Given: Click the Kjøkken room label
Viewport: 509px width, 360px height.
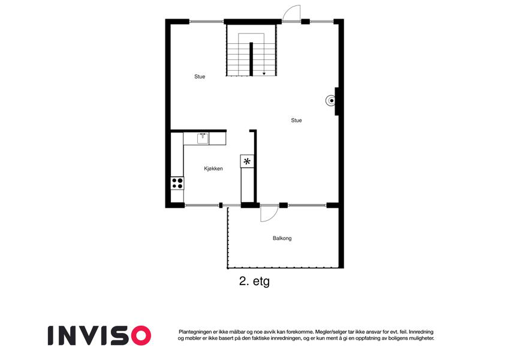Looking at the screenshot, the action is point(213,169).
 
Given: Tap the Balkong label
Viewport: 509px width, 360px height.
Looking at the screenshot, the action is point(282,238).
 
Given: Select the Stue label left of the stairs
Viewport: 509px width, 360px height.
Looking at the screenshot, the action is point(200,77).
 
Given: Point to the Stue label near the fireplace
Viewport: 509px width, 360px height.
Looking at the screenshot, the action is point(296,120).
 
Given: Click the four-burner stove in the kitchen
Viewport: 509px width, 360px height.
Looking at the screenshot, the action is point(177,183).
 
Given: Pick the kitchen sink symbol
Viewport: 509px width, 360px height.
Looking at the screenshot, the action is point(203,139).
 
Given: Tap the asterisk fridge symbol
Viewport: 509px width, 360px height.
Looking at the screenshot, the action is point(247,161).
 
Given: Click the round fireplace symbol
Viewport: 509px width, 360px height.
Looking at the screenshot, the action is point(330,101).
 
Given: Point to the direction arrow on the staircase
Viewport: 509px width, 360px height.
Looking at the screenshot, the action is point(264,74).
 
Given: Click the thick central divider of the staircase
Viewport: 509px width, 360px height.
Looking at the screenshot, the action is point(251,59).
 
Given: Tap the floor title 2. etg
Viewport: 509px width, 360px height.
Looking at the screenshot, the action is point(254,281).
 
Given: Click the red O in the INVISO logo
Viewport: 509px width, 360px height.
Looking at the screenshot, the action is point(141,335).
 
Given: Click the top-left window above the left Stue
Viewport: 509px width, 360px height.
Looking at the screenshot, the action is point(206,22).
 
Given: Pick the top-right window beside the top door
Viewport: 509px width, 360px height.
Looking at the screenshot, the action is point(321,22).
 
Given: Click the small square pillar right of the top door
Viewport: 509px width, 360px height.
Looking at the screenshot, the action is point(305,22).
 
